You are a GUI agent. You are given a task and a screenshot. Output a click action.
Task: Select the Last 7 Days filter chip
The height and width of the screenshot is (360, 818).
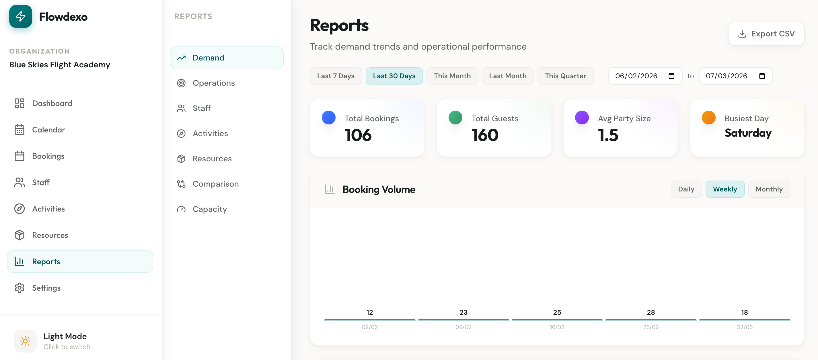click(x=335, y=76)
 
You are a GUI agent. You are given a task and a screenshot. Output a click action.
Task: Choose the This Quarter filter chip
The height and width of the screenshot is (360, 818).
click(x=565, y=76)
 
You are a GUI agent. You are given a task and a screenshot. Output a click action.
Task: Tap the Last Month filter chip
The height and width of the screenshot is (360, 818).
click(x=507, y=76)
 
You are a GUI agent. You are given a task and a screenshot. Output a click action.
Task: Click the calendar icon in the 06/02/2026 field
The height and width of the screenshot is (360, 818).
click(x=671, y=76)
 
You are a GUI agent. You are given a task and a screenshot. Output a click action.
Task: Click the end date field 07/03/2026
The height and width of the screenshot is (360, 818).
click(x=727, y=76)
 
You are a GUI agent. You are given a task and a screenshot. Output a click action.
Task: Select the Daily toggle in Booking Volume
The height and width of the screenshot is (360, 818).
click(x=686, y=189)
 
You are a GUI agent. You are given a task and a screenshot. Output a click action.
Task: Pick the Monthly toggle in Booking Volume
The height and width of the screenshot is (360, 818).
click(x=769, y=189)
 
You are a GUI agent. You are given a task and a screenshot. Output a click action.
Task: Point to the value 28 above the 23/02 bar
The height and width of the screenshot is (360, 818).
click(x=651, y=312)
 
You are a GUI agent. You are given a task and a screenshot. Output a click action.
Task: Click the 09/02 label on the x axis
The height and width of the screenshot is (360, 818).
click(x=463, y=327)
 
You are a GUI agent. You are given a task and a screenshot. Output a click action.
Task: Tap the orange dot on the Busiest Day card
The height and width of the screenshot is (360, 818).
click(x=708, y=118)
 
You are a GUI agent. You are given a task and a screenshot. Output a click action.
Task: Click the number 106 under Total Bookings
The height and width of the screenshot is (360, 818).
click(x=358, y=135)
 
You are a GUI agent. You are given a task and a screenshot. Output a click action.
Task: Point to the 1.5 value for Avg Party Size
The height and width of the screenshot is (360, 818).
click(x=608, y=135)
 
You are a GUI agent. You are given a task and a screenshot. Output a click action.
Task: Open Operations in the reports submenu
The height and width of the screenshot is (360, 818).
click(x=213, y=83)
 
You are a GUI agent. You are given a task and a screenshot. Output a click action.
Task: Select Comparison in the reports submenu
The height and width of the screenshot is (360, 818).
click(x=215, y=184)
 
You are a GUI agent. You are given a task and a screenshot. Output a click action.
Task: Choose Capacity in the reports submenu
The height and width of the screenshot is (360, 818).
click(x=210, y=209)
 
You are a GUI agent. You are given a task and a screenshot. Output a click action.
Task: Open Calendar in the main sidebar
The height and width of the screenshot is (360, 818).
click(x=48, y=130)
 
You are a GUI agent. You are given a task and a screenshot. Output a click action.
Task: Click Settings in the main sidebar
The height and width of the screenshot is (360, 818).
click(x=46, y=288)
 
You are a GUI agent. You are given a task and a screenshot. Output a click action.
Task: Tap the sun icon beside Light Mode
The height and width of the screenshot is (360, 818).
click(x=25, y=341)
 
